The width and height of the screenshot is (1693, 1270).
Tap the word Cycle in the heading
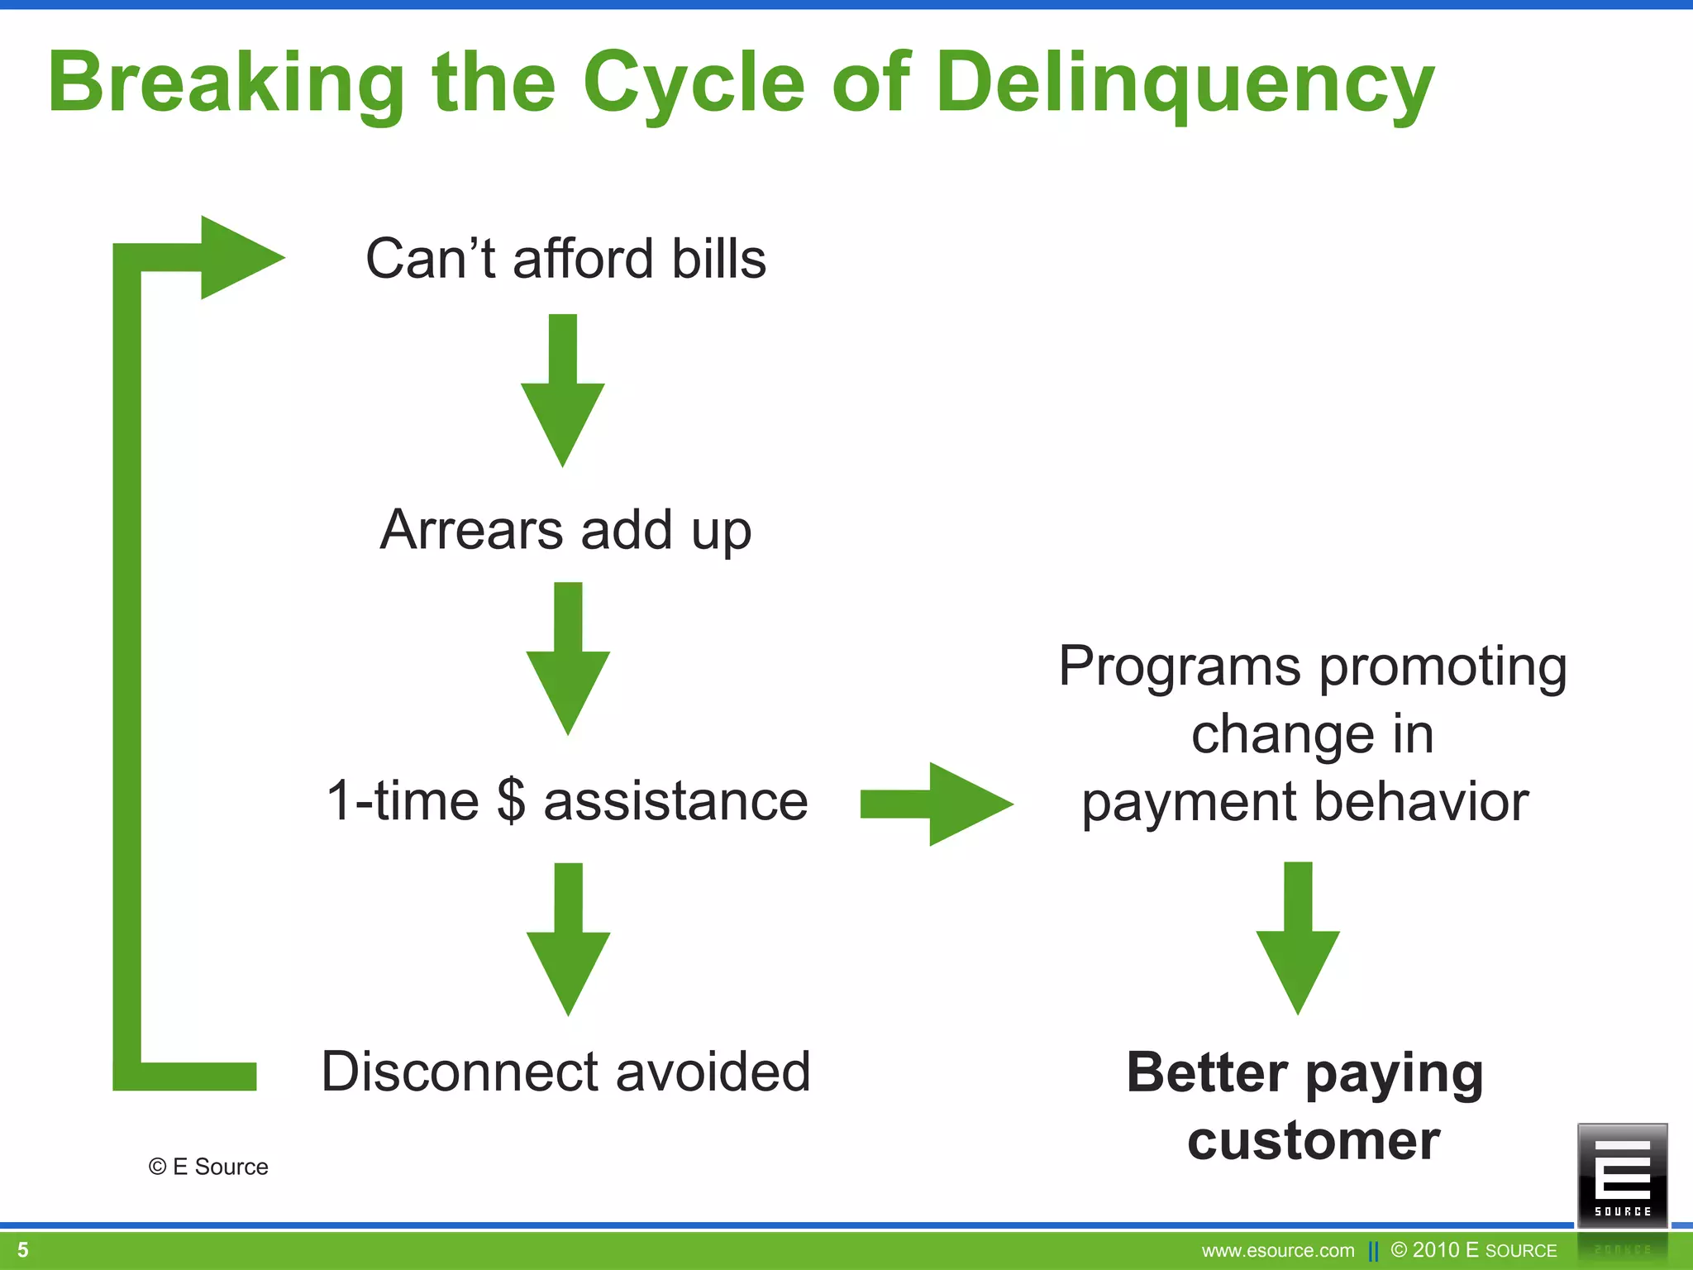pos(694,83)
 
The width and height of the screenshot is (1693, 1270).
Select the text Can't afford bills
pos(565,259)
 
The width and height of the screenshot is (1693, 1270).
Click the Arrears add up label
pos(565,530)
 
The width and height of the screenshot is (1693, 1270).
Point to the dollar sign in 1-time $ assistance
pos(512,800)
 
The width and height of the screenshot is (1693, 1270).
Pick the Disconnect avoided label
pos(565,1072)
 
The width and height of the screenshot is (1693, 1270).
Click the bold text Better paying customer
pos(1306,1105)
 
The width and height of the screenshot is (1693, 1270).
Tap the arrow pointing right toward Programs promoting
pos(936,804)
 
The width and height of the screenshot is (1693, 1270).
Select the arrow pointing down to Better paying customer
pos(1298,938)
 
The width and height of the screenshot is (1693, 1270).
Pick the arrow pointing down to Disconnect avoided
pos(568,939)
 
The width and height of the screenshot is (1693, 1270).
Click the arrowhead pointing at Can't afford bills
pos(240,257)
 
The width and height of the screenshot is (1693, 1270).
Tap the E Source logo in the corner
pos(1622,1174)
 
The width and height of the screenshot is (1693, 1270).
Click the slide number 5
pos(23,1249)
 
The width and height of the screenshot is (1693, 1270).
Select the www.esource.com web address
pos(1278,1250)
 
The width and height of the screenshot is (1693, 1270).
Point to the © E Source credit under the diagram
pos(208,1167)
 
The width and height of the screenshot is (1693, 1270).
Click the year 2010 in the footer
pos(1436,1249)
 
